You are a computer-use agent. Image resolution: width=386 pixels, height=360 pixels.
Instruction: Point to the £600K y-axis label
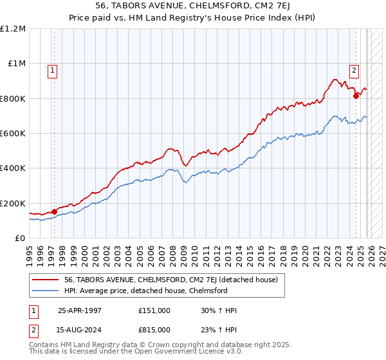point(13,134)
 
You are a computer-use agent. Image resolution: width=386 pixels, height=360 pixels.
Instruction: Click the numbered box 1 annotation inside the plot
point(52,71)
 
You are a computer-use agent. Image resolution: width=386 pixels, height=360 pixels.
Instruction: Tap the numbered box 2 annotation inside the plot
point(354,71)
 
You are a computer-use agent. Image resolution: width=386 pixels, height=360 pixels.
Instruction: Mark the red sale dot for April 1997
point(54,211)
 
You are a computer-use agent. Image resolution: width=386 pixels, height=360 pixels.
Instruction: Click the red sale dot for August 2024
point(356,96)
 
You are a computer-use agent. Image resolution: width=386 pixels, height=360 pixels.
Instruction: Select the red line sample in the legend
point(46,280)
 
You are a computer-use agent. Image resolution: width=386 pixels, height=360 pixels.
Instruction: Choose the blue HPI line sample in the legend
point(46,291)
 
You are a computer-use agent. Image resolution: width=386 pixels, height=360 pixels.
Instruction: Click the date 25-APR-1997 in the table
point(79,310)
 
